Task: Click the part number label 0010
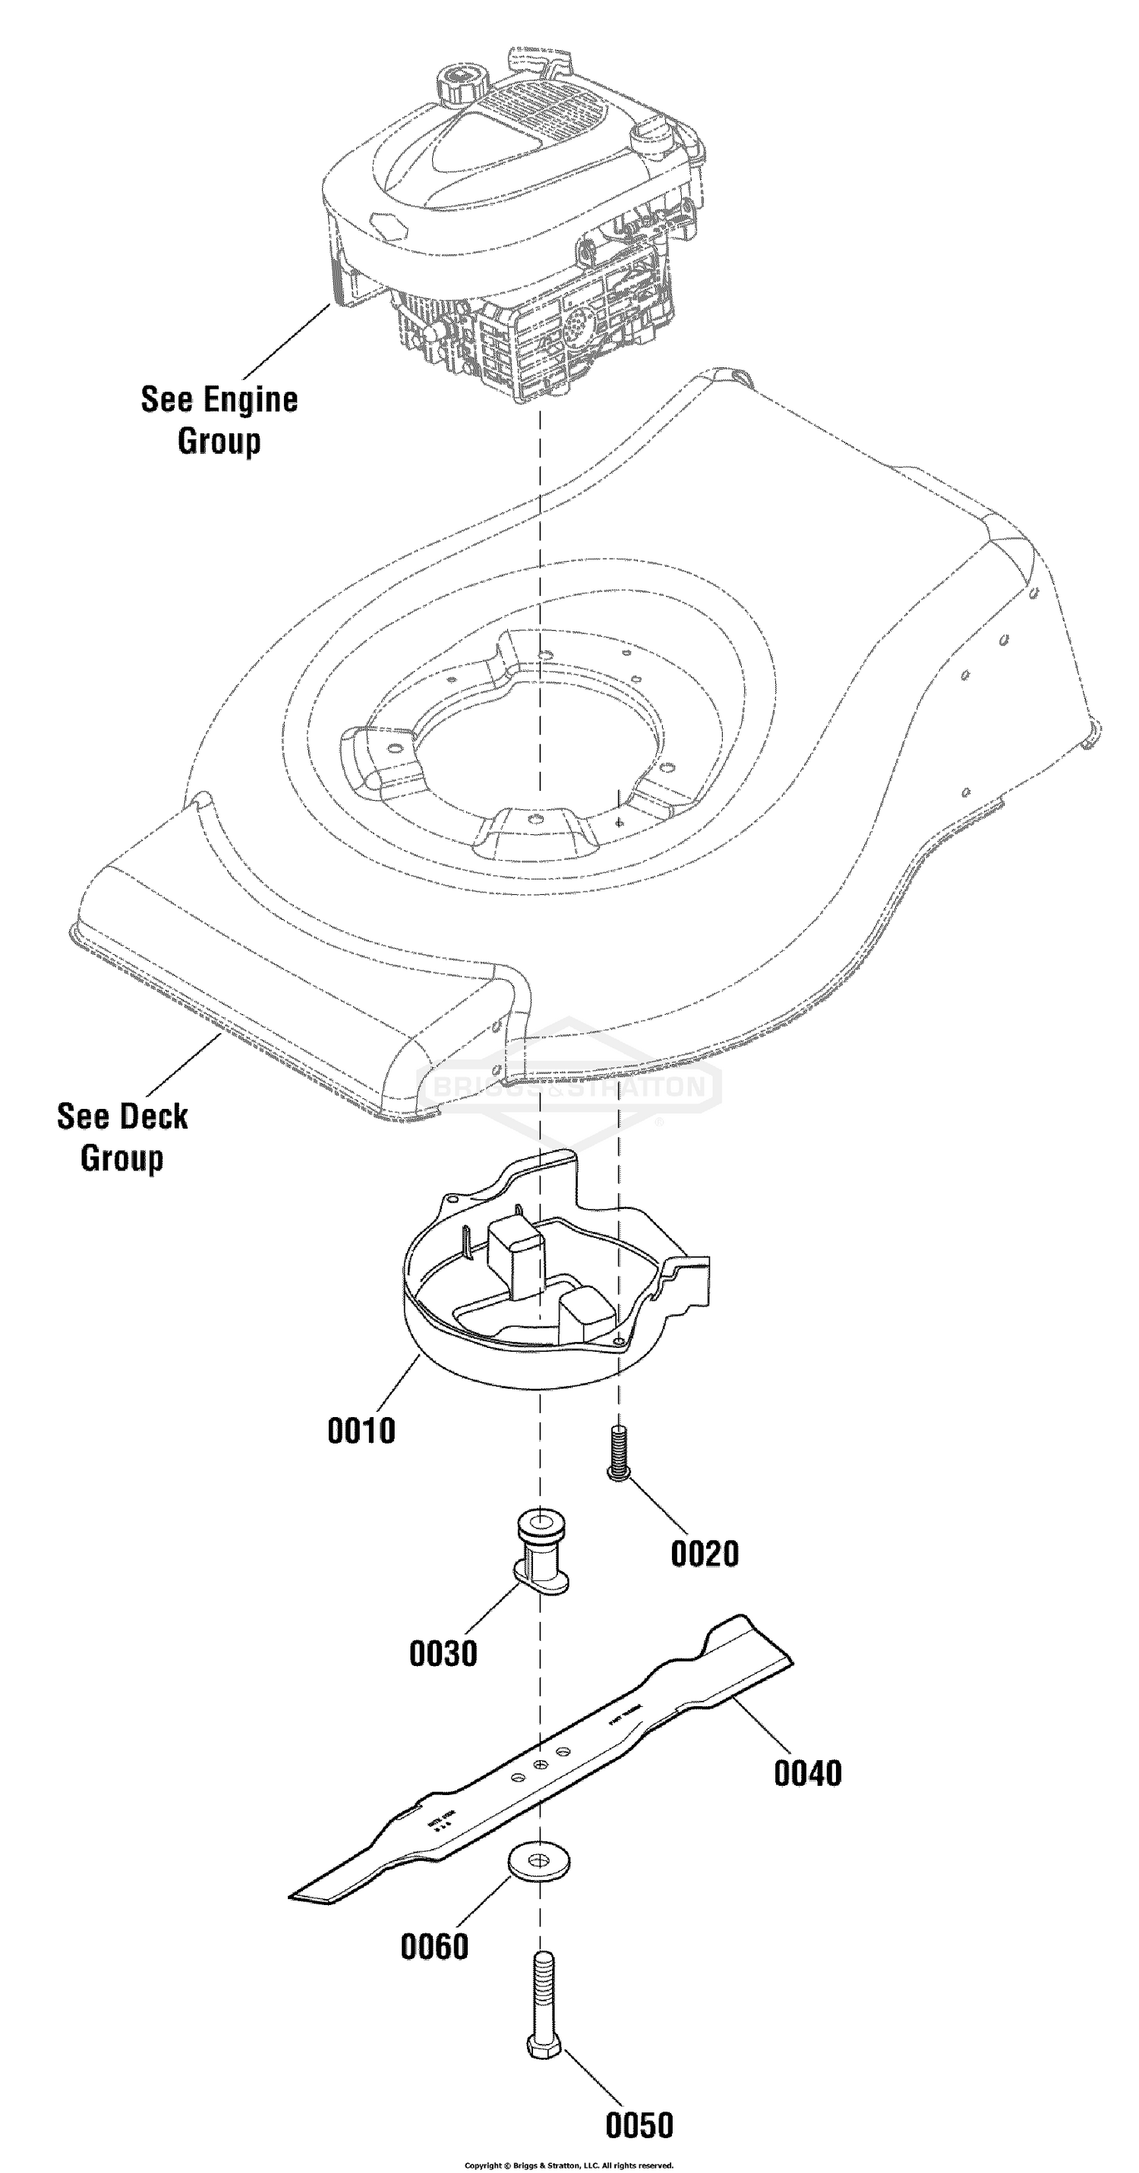[361, 1431]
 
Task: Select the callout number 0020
[705, 1554]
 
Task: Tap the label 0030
[443, 1653]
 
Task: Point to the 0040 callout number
[807, 1773]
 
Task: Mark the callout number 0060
[434, 1947]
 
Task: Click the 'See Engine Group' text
[219, 420]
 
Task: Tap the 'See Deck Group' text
[122, 1137]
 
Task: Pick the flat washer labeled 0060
[539, 1860]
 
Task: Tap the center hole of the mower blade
[540, 1765]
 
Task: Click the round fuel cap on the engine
[462, 82]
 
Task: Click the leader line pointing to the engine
[287, 341]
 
